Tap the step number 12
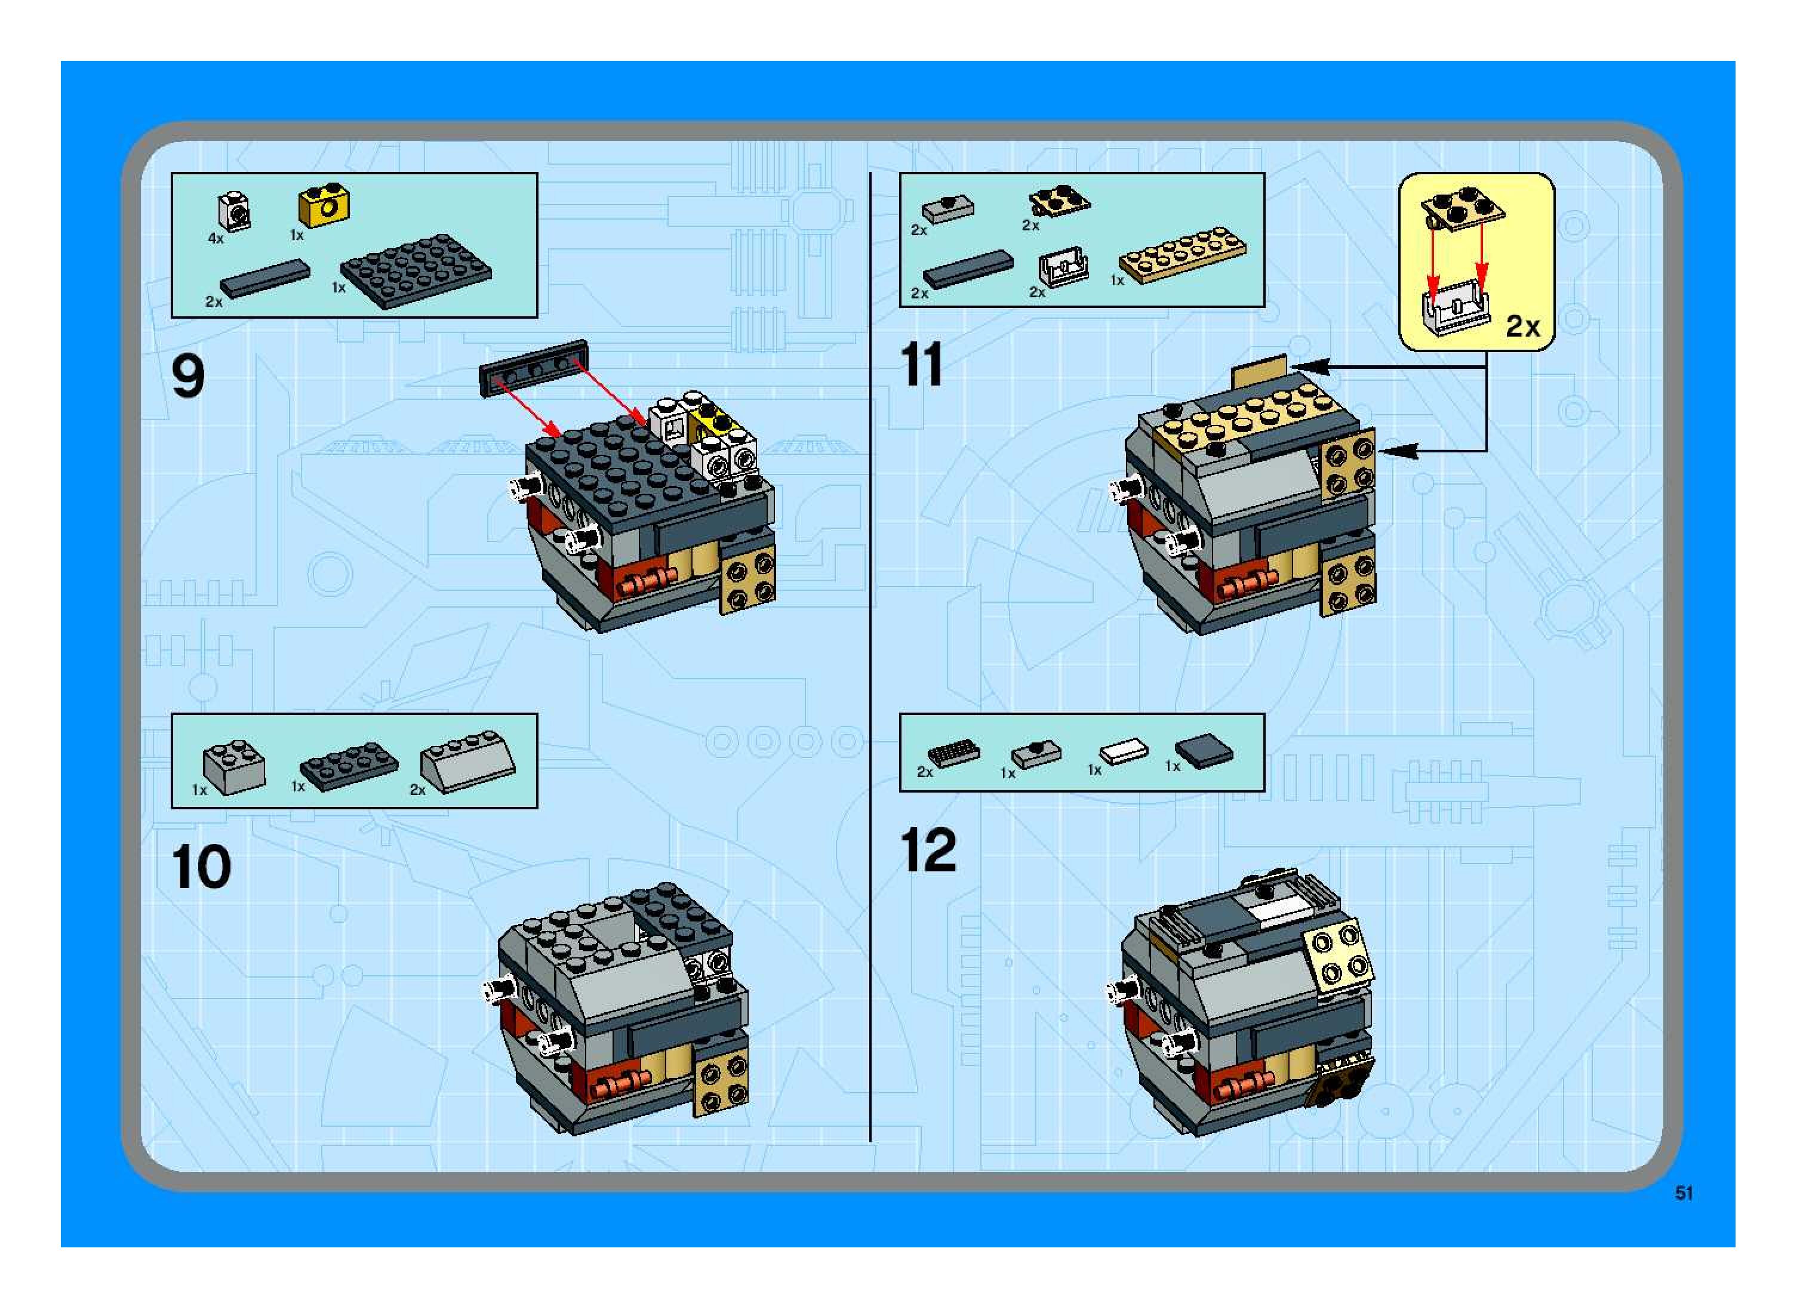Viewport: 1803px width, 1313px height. click(x=928, y=850)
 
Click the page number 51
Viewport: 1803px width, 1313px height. click(x=1683, y=1215)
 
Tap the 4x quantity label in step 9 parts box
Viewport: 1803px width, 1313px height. click(x=216, y=239)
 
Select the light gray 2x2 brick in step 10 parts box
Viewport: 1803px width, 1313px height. click(x=233, y=767)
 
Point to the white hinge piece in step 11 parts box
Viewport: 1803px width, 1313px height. click(x=1064, y=267)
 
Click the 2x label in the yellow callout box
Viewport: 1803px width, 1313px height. click(x=1522, y=326)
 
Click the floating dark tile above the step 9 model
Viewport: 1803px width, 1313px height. click(x=533, y=367)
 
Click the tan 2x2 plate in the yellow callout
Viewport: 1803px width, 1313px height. click(x=1463, y=210)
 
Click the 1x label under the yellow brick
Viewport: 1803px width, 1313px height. click(x=297, y=235)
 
